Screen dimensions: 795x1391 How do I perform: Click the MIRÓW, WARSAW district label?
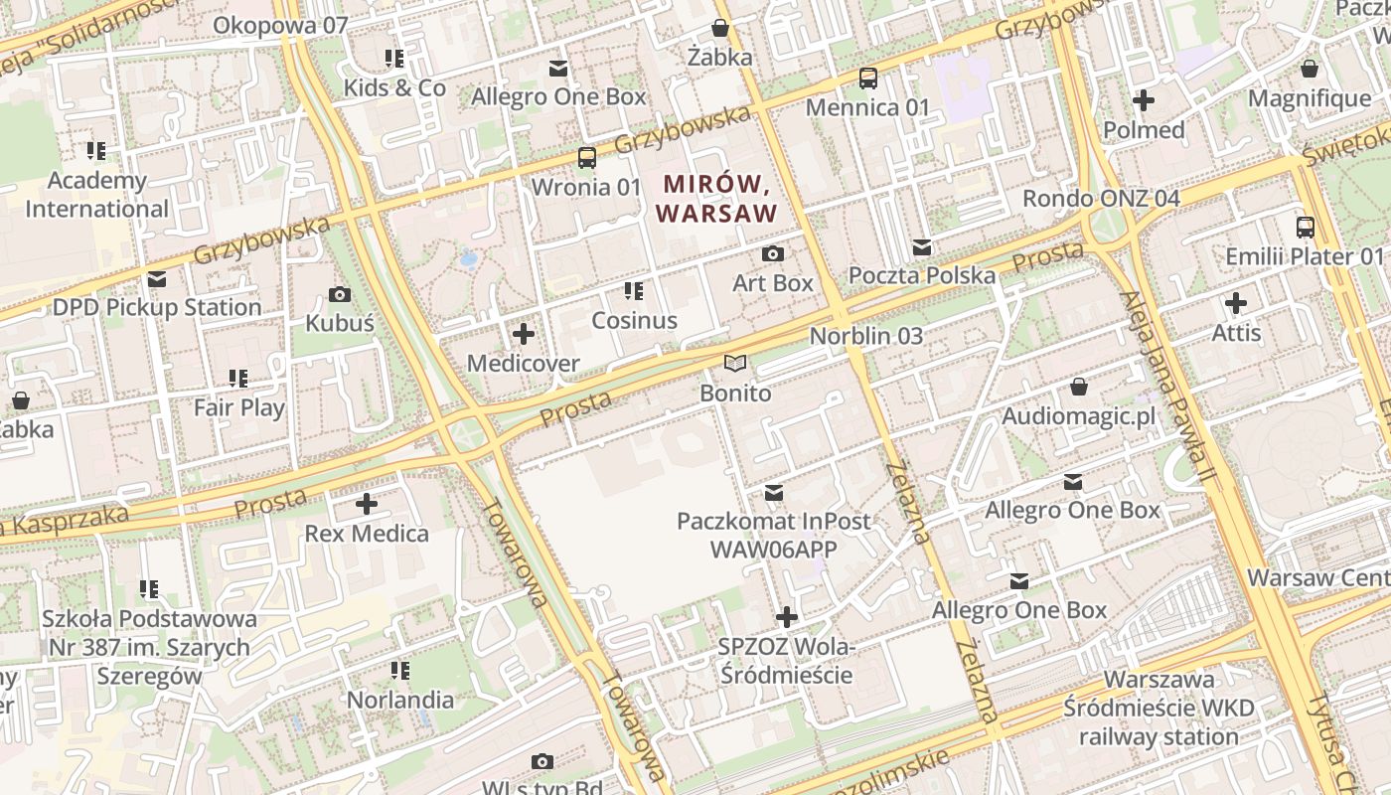pos(716,198)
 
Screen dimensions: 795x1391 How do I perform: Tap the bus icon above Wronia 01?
pos(587,158)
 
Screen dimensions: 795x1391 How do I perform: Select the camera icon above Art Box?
pos(772,254)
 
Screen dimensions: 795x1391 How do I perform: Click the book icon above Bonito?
pos(734,365)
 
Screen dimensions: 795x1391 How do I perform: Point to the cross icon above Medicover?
pos(523,334)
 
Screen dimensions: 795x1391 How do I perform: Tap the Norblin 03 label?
pos(865,336)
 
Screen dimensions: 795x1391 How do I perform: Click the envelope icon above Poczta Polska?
pos(922,246)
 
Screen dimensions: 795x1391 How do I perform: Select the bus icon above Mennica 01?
pos(867,79)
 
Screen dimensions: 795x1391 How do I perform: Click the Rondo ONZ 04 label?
pos(1101,198)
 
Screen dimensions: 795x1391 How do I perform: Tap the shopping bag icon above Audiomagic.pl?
pos(1079,387)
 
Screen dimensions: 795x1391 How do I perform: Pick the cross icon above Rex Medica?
pos(366,504)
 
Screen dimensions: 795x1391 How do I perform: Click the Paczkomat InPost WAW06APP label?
pos(773,535)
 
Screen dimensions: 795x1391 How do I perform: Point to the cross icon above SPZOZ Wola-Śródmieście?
pos(786,618)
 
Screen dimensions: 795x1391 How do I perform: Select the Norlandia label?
pos(399,700)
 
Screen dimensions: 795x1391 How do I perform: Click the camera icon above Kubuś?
pos(339,294)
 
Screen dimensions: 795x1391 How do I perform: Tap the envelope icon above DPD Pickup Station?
pos(157,279)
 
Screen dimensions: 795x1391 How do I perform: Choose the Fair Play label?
pos(238,407)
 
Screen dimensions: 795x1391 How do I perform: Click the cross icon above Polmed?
pos(1144,100)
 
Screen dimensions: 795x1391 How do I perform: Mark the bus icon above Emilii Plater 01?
pos(1305,228)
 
